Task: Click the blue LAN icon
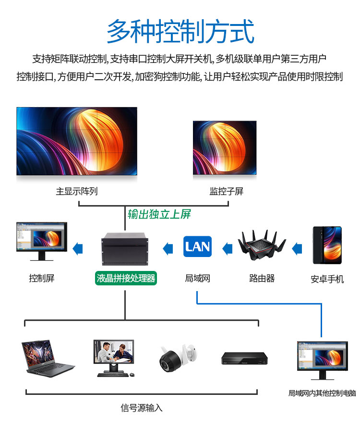click(x=197, y=246)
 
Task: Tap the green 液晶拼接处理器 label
click(x=126, y=278)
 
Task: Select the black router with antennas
click(x=262, y=245)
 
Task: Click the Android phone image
click(x=327, y=245)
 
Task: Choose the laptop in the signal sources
click(x=48, y=359)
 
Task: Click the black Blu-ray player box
click(x=244, y=358)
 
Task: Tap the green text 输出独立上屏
click(x=159, y=214)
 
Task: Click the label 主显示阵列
click(x=76, y=191)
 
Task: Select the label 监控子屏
click(x=227, y=191)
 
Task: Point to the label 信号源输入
click(x=141, y=408)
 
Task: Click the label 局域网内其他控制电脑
click(x=322, y=393)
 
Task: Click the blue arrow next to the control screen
click(x=77, y=249)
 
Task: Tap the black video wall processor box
click(x=125, y=249)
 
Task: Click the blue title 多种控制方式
click(x=180, y=31)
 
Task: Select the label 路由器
click(x=262, y=278)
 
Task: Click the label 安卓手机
click(x=327, y=279)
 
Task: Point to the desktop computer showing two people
click(x=114, y=358)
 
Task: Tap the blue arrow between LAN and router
click(x=228, y=249)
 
